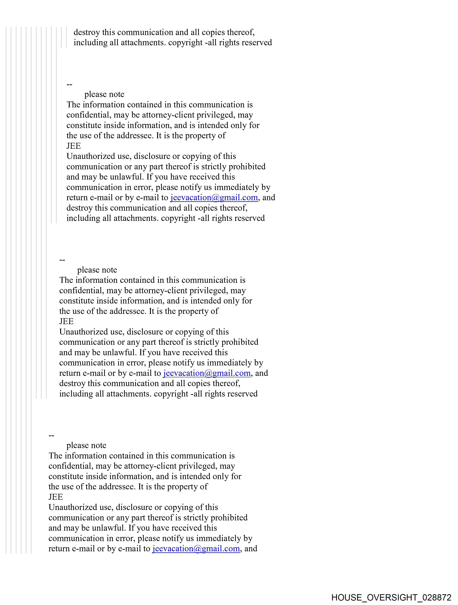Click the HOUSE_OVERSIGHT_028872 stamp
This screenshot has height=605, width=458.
(391, 597)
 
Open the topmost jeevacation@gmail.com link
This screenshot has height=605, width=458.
(214, 198)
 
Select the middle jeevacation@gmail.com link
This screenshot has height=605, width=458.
(207, 373)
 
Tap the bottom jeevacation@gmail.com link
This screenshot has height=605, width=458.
(196, 549)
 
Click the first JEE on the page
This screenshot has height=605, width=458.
(74, 146)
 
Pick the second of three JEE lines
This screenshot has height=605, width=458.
(66, 321)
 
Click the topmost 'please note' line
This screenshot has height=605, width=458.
(104, 94)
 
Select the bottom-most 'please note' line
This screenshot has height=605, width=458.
(86, 445)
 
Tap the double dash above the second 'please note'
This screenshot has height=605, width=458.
(62, 259)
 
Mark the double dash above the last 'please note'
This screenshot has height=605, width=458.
(51, 435)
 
